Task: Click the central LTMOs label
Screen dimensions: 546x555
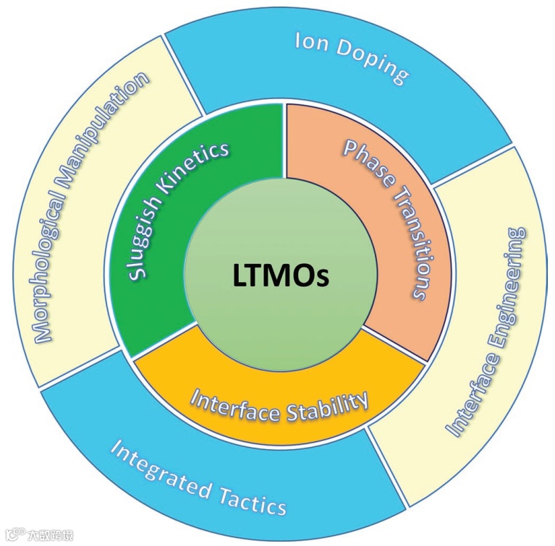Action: pyautogui.click(x=281, y=276)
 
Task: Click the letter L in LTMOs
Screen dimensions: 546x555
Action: pyautogui.click(x=240, y=276)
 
